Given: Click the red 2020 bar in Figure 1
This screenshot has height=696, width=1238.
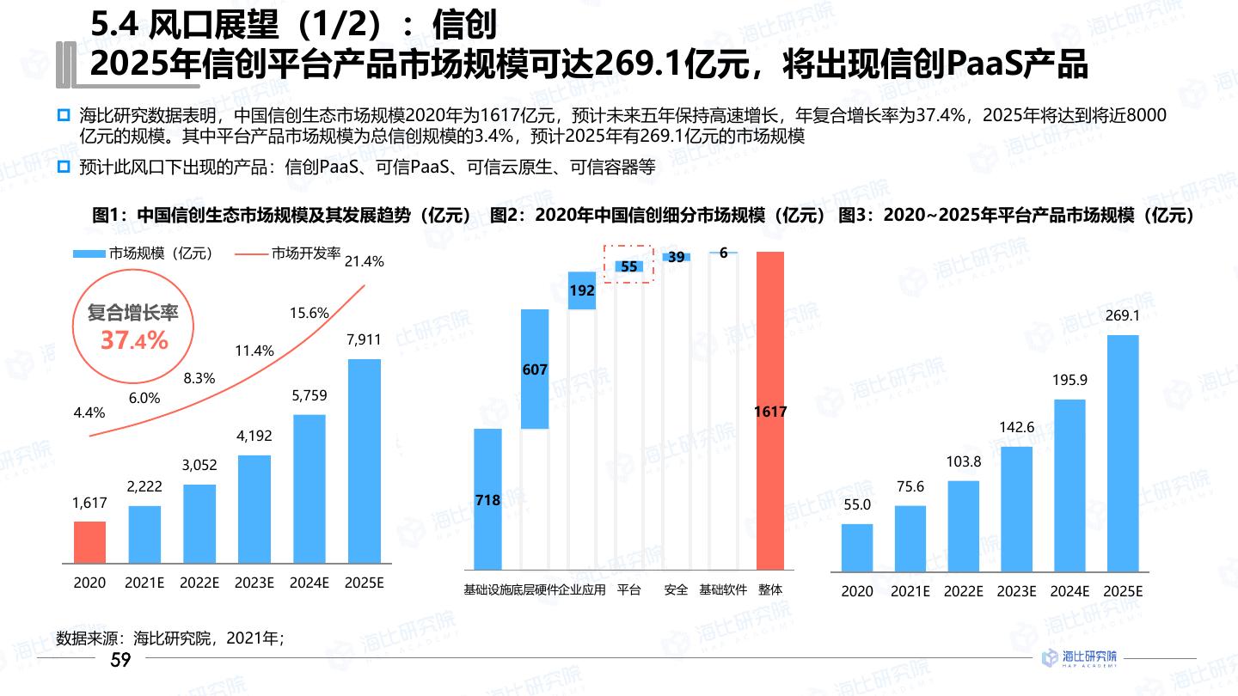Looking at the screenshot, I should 89,542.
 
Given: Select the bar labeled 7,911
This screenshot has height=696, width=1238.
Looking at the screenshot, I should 364,461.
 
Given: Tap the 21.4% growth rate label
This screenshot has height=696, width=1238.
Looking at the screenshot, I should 364,261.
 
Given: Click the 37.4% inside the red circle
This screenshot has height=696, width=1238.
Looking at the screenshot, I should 134,340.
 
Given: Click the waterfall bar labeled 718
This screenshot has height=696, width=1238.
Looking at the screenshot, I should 487,498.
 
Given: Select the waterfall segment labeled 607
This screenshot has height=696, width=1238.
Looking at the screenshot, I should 535,369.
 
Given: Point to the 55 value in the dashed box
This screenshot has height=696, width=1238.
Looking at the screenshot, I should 629,266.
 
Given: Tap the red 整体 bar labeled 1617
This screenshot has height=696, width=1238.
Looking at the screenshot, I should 770,411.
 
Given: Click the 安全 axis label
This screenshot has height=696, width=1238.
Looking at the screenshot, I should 677,589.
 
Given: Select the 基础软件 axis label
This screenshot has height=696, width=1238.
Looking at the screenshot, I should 723,589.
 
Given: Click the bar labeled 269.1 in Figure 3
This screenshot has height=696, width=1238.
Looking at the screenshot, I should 1122,453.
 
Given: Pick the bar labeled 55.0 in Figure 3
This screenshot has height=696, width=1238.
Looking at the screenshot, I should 857,547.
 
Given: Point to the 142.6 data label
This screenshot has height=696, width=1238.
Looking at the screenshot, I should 1016,427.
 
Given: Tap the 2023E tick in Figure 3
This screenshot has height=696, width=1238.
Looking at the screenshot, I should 1016,591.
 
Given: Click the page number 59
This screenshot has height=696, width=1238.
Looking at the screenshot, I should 121,660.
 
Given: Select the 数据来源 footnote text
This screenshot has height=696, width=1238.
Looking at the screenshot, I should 169,638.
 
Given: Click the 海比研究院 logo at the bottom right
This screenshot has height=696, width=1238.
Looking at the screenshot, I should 1079,658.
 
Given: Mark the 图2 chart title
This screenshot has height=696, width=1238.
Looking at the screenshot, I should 658,216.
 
